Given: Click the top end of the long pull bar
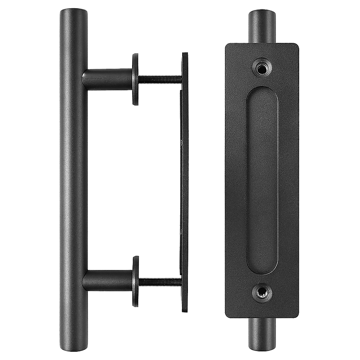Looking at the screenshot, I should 74,11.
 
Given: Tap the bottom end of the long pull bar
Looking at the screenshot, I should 74,348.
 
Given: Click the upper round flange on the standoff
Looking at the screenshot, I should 135,79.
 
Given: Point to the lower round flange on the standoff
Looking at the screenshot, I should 135,281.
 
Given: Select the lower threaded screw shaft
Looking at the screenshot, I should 160,281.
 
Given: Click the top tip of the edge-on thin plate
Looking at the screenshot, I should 185,54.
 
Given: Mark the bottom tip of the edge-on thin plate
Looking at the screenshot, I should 185,310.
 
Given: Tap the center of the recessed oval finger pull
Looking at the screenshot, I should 262,180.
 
